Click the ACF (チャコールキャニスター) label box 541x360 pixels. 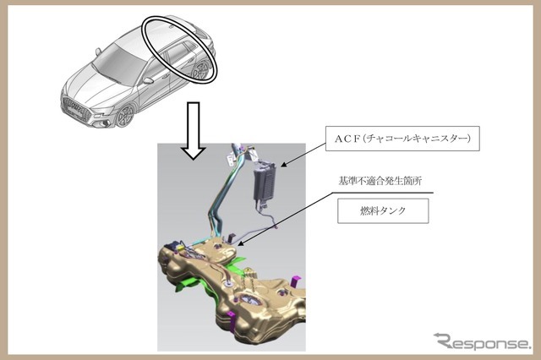pos(402,139)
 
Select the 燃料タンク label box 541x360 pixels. pos(383,210)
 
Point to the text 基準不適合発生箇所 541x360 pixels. pos(380,181)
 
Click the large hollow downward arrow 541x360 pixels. pos(194,130)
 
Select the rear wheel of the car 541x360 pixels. pos(201,71)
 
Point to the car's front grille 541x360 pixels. pos(75,107)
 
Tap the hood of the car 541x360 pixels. pos(93,86)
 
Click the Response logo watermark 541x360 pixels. pos(482,341)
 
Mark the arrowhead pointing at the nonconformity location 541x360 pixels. pos(241,243)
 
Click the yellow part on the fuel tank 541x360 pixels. pos(180,248)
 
